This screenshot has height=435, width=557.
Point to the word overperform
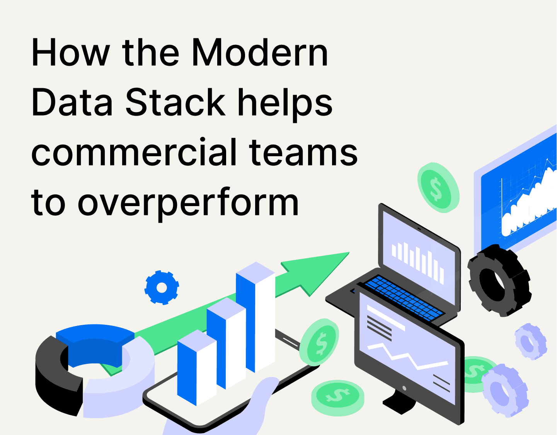(188, 203)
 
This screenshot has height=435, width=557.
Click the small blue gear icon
(162, 288)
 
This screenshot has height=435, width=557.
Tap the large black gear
(499, 280)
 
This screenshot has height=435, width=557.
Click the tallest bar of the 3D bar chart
(255, 317)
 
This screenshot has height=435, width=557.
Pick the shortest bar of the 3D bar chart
(196, 367)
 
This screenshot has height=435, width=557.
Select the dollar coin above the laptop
(438, 188)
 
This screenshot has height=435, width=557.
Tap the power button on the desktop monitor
(404, 388)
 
